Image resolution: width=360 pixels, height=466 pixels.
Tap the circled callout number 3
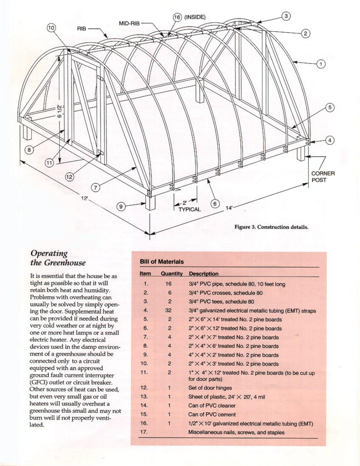[287, 16]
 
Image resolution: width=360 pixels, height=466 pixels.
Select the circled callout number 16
[177, 17]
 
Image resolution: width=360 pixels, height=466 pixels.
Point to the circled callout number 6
[215, 204]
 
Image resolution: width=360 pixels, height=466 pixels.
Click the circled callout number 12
[69, 177]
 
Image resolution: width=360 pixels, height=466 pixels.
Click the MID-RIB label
[129, 24]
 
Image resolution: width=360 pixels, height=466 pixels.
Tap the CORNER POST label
[323, 177]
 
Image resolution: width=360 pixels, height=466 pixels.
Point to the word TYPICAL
[189, 209]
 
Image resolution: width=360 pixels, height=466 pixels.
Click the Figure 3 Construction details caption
[271, 227]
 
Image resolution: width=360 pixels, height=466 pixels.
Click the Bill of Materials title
[162, 262]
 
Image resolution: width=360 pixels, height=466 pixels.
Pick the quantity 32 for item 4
[169, 311]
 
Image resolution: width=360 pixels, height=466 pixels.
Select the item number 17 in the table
[145, 432]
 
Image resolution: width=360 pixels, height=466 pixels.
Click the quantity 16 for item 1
[169, 284]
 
